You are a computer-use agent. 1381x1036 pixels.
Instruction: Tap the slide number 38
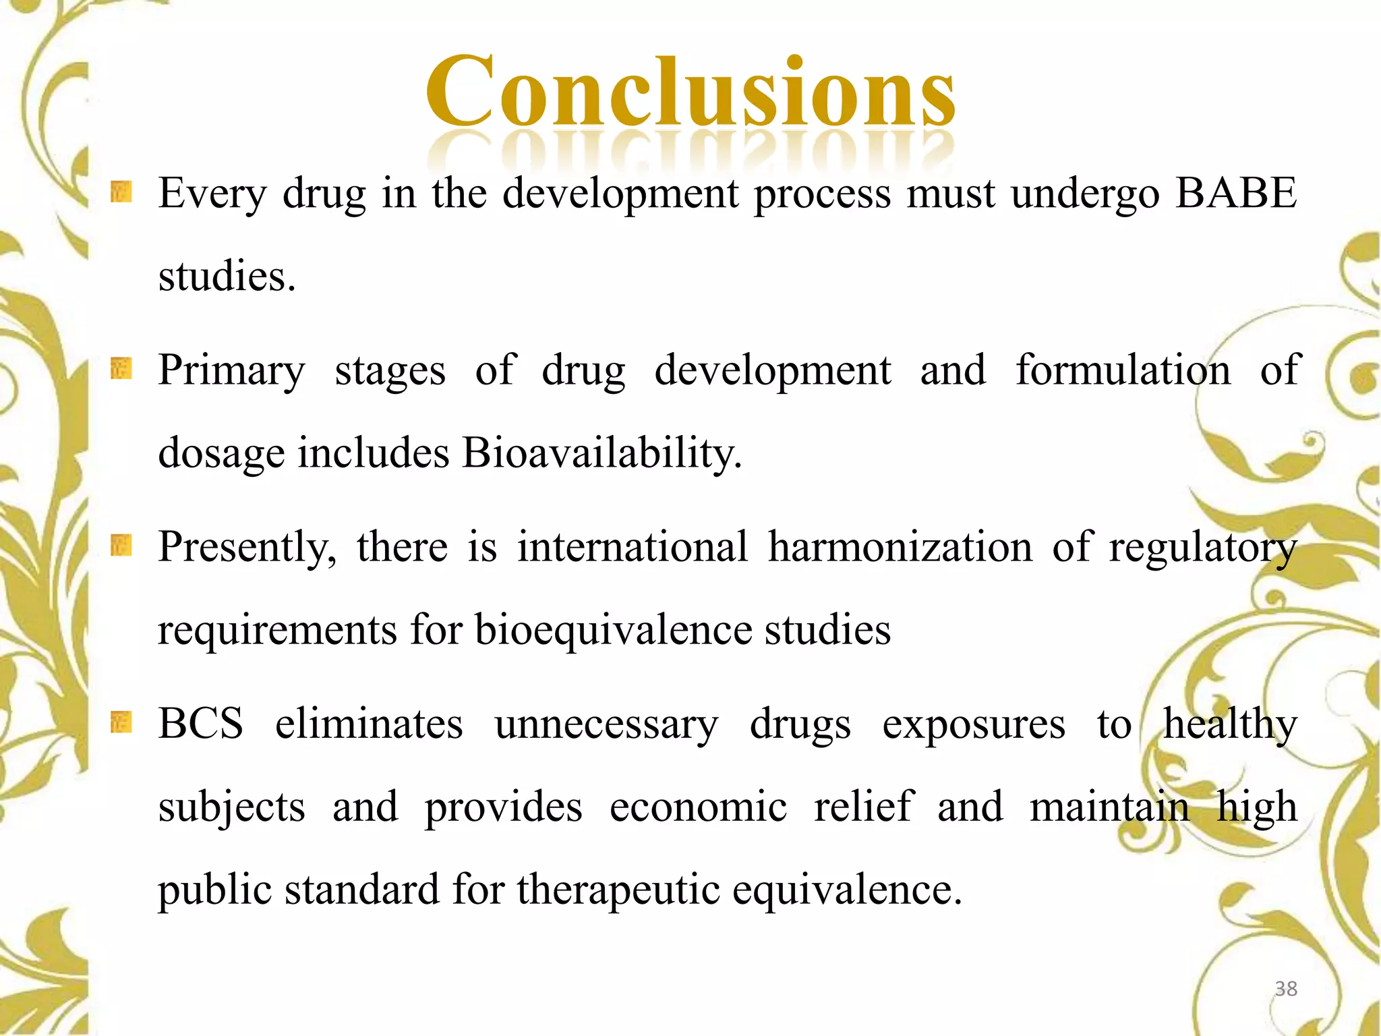[1286, 989]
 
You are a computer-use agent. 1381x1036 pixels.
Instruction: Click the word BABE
[1236, 194]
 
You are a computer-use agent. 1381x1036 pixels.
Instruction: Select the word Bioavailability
[601, 453]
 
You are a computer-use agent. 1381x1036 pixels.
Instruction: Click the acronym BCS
[200, 724]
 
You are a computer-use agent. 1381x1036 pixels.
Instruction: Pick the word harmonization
[900, 547]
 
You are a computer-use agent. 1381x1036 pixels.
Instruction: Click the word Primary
[231, 372]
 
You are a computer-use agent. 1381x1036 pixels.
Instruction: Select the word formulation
[1123, 370]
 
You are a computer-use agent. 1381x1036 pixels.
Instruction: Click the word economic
[698, 807]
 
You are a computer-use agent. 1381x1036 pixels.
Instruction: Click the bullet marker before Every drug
[121, 192]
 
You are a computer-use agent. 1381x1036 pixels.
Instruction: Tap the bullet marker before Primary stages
[121, 368]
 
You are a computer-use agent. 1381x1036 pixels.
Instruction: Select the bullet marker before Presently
[121, 545]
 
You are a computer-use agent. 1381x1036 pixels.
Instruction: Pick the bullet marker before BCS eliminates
[121, 722]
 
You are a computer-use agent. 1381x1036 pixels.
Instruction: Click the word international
[633, 547]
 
